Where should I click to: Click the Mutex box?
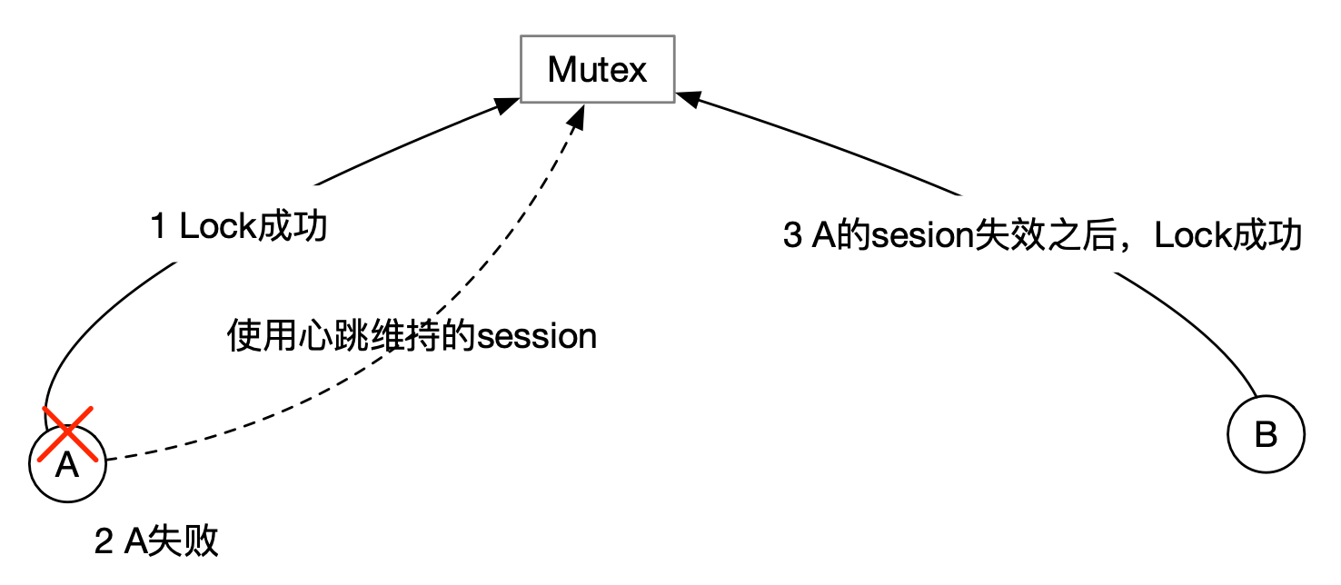pyautogui.click(x=597, y=69)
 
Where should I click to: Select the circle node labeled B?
pyautogui.click(x=1266, y=435)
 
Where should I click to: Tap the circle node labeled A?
pyautogui.click(x=67, y=464)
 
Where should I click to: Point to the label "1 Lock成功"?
pyautogui.click(x=239, y=227)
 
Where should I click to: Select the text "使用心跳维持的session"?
pyautogui.click(x=411, y=337)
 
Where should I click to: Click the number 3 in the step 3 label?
pyautogui.click(x=791, y=236)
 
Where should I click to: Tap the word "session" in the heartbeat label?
pyautogui.click(x=537, y=337)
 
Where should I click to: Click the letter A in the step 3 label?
pyautogui.click(x=823, y=236)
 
